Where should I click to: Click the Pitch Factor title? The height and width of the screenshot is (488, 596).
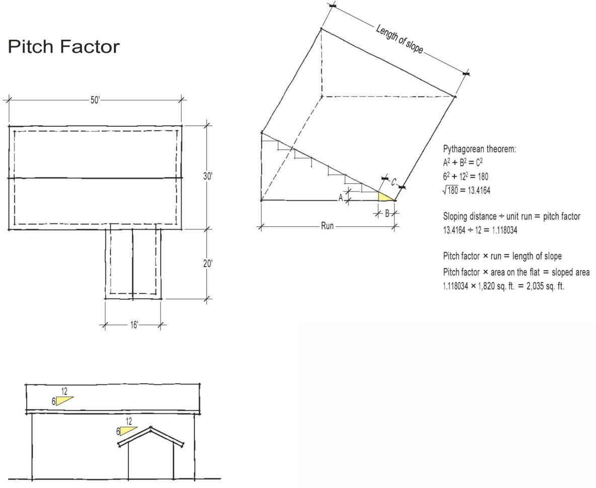63,47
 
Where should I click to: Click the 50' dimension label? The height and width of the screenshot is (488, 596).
95,100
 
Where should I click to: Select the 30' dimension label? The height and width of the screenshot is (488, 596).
207,177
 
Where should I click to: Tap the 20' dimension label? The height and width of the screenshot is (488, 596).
207,264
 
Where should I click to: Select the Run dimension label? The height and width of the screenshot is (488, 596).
327,226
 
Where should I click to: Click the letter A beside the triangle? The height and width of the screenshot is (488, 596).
341,198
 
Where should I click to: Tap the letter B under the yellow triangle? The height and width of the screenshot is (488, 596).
387,213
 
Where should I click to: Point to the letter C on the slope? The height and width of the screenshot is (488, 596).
394,183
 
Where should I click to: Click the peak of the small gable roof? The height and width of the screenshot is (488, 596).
151,428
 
